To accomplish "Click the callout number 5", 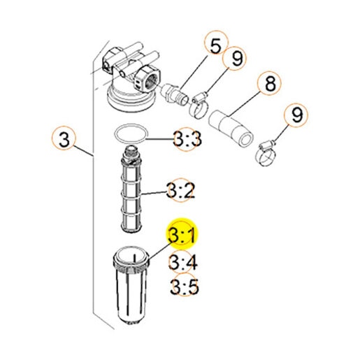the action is [215, 45].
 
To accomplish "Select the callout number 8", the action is [270, 83].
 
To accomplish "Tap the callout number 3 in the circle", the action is [64, 139].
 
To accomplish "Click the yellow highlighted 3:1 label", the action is [182, 235].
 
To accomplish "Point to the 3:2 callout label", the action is [180, 190].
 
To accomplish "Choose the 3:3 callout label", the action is [187, 139].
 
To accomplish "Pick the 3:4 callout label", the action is [183, 262].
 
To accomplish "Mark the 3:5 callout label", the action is [184, 286].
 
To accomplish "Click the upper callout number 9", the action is [235, 58].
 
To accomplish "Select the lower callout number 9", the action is [296, 115].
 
